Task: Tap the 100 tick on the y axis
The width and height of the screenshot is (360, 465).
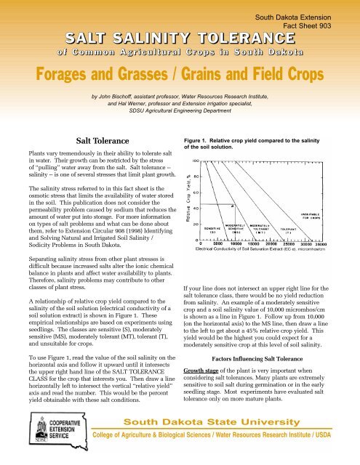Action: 196,160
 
